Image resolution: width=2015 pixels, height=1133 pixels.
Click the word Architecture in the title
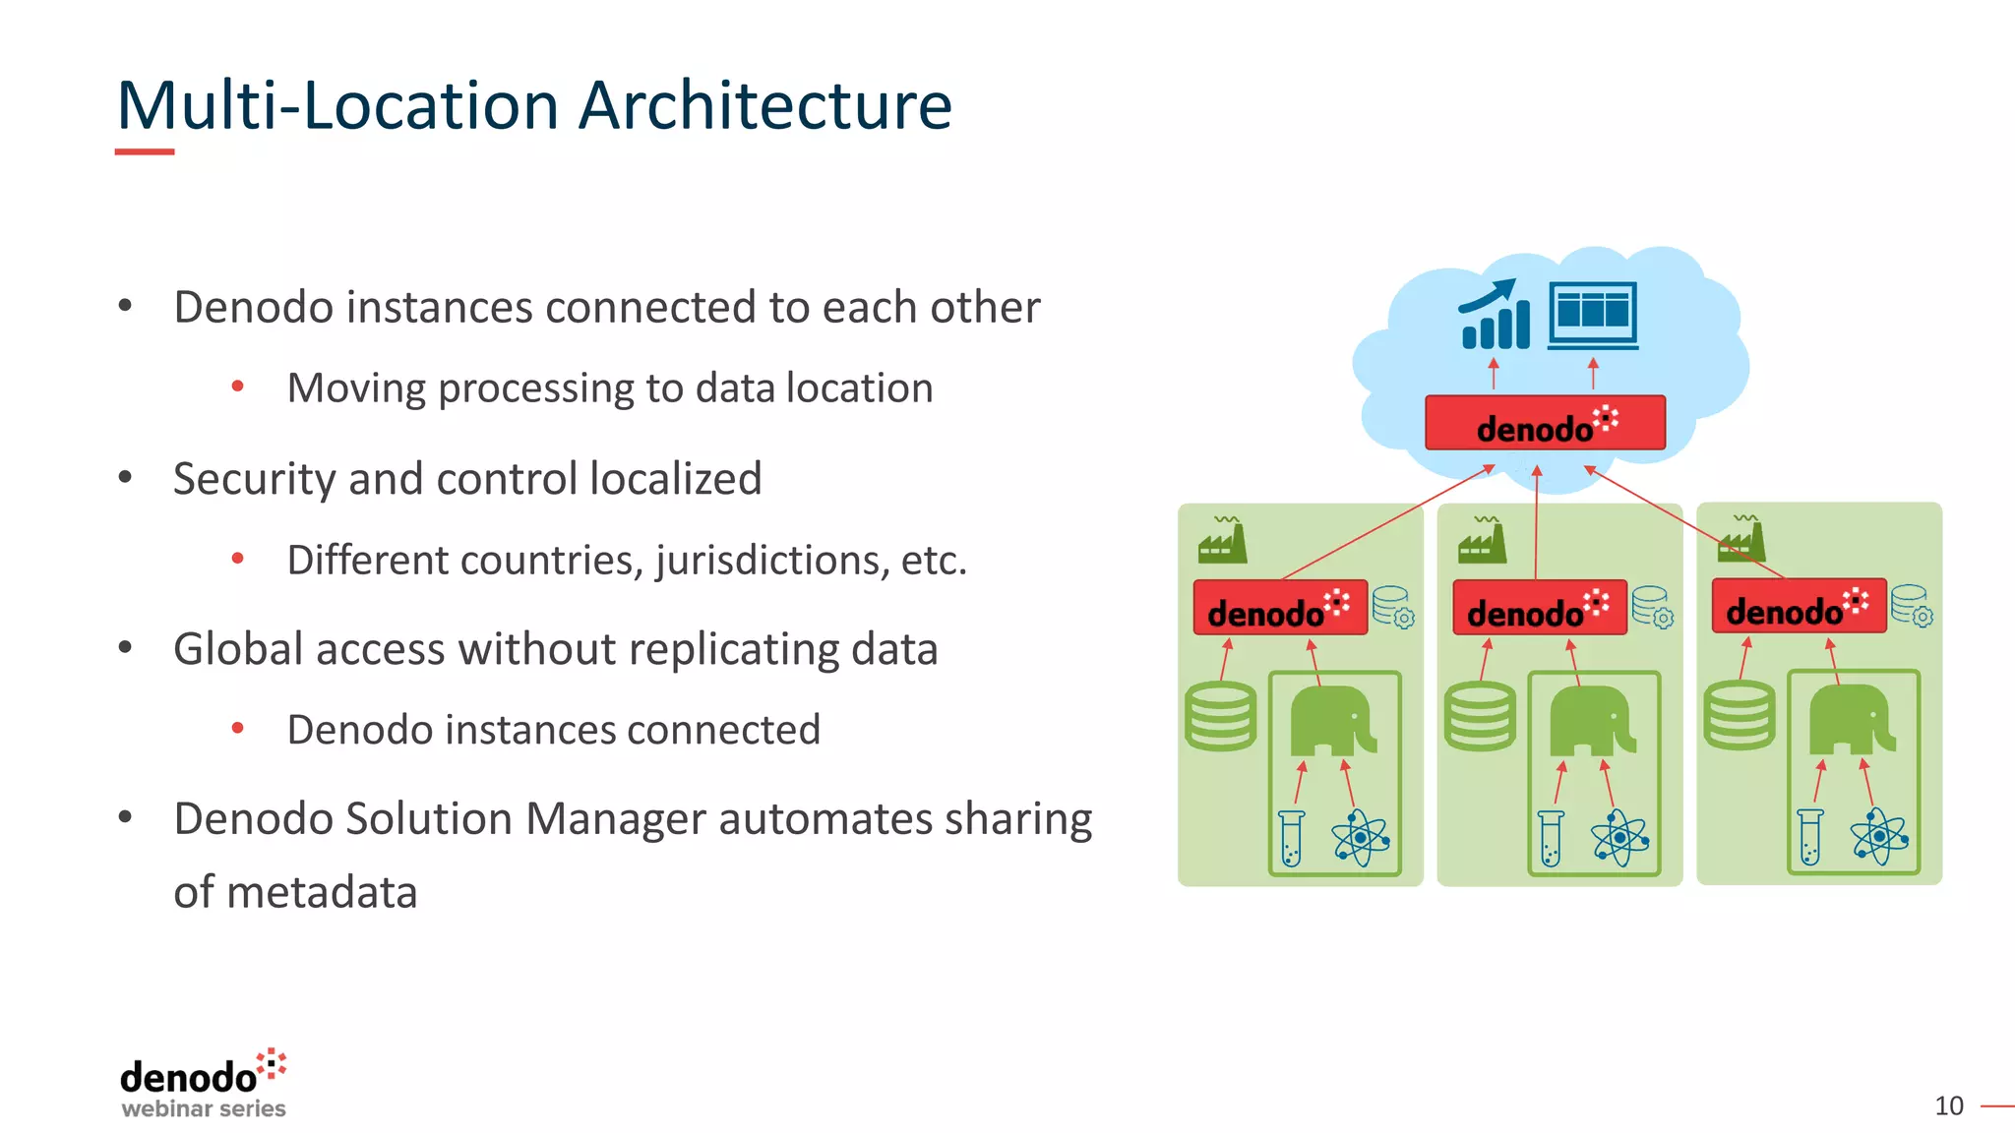coord(764,105)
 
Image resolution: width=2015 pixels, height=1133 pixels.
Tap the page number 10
coord(1948,1105)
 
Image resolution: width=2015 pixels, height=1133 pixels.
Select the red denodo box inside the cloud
coord(1545,423)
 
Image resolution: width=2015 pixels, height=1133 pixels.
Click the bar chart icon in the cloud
coord(1495,315)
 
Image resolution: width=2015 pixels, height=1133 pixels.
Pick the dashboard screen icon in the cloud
coord(1593,315)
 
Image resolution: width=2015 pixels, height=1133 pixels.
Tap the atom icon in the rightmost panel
coord(1878,837)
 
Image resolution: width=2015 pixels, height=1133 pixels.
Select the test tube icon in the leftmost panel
coord(1291,838)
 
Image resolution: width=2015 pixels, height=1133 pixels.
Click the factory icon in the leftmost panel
coord(1222,540)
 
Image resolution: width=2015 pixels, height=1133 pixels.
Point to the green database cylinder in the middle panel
coord(1480,717)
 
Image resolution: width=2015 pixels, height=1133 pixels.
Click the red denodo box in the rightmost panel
coord(1799,606)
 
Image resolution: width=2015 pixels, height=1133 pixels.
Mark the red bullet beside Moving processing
coord(237,388)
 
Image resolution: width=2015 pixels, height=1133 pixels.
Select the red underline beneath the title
coord(145,151)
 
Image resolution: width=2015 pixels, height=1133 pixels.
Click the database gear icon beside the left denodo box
coord(1393,607)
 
